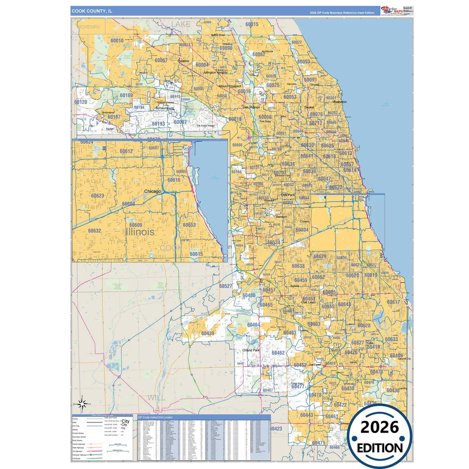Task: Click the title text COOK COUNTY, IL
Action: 92,11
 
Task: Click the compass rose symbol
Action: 82,404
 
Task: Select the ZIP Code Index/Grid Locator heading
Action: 155,417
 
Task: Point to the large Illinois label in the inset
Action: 140,232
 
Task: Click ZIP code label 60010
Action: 117,41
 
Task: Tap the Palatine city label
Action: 183,61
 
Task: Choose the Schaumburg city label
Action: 165,108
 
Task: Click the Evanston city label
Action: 340,102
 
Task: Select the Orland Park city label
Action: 251,351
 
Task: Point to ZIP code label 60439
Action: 207,333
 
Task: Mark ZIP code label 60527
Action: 226,286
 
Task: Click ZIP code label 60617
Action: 393,302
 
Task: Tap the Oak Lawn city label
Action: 308,302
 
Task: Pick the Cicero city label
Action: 304,221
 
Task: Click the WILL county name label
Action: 155,398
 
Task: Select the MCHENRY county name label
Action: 89,27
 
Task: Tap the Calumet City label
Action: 404,359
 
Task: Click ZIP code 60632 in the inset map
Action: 94,231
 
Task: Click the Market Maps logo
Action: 392,10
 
